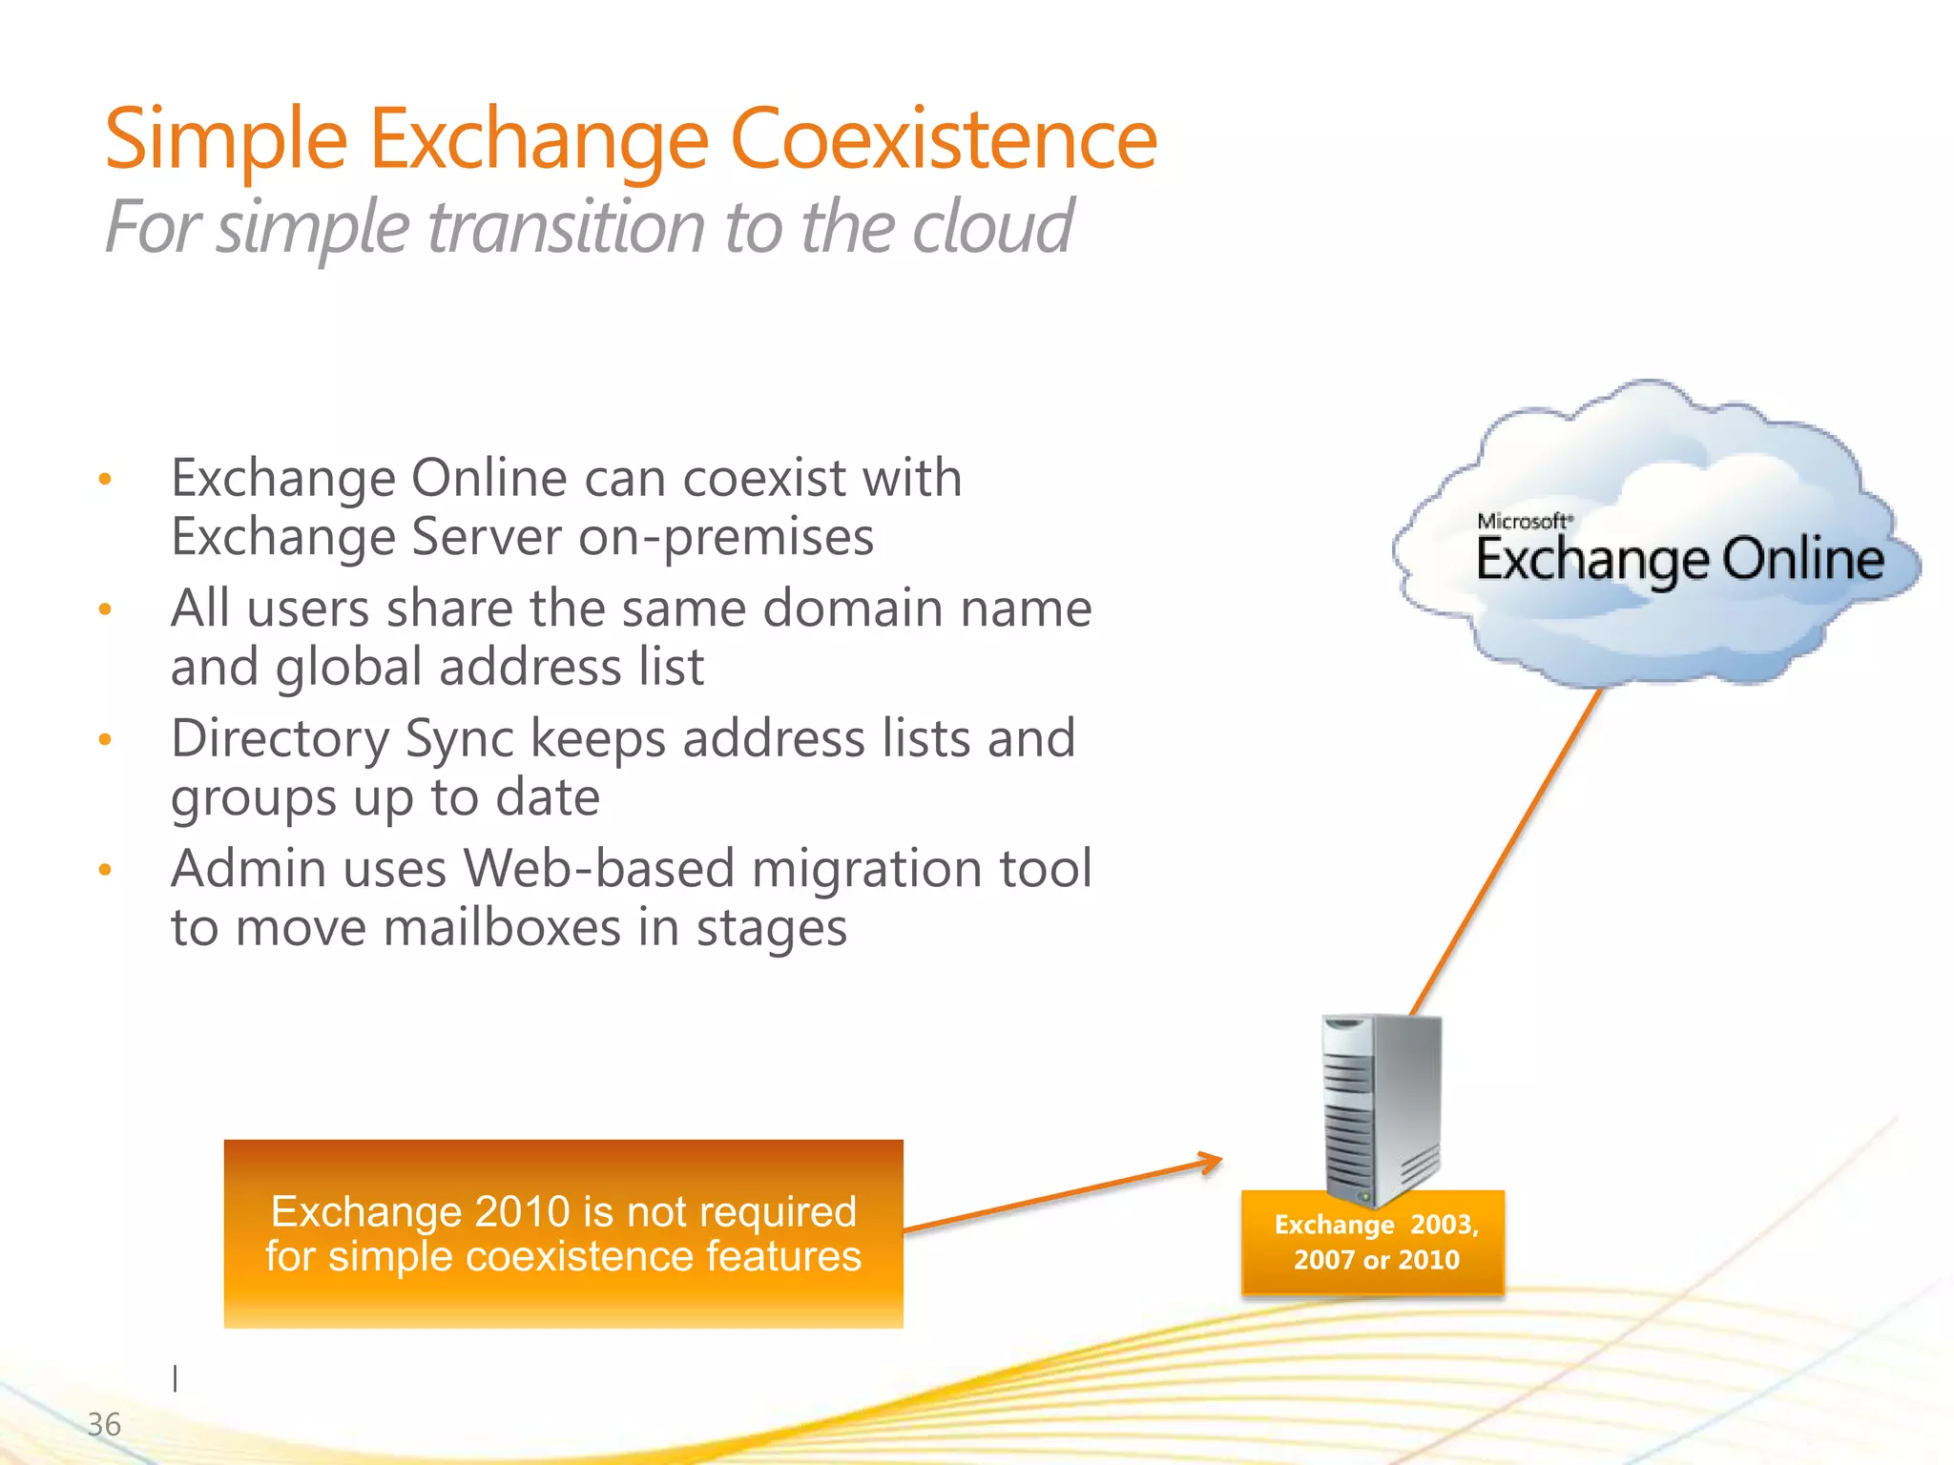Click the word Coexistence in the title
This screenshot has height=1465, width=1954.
coord(943,139)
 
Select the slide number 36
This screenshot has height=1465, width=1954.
coord(104,1424)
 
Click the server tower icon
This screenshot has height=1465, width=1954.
coord(1380,1106)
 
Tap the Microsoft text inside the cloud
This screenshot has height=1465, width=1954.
coord(1522,522)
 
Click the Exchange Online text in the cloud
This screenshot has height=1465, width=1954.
coord(1679,561)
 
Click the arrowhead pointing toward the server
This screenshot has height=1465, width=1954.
coord(1212,1162)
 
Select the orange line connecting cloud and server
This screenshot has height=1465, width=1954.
coord(1507,849)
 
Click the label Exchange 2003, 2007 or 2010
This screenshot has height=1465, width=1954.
coord(1375,1242)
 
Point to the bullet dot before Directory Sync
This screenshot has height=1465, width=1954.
coord(106,739)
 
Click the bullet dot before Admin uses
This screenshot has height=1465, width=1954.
coord(106,869)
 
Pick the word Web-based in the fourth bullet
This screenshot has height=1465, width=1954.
coord(598,869)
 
